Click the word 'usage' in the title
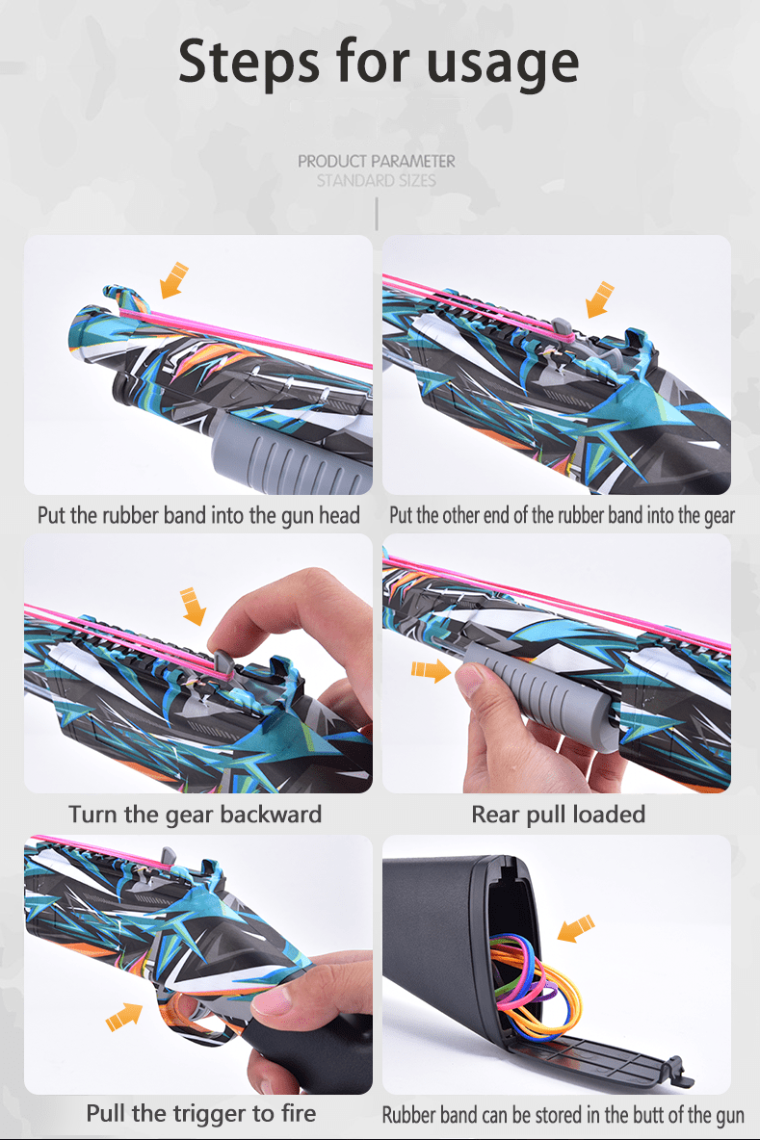[503, 64]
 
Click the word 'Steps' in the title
[249, 61]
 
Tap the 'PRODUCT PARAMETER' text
[376, 162]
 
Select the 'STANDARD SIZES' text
[376, 180]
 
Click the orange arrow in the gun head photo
[173, 280]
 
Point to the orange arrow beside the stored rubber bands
[576, 928]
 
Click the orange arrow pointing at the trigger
[124, 1016]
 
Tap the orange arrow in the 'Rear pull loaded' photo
[431, 669]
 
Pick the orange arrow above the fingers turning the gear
[193, 607]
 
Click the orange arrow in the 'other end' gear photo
[600, 299]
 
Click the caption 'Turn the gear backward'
[195, 815]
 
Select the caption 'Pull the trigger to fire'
[200, 1113]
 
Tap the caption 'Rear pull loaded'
[558, 815]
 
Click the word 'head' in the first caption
[339, 515]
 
